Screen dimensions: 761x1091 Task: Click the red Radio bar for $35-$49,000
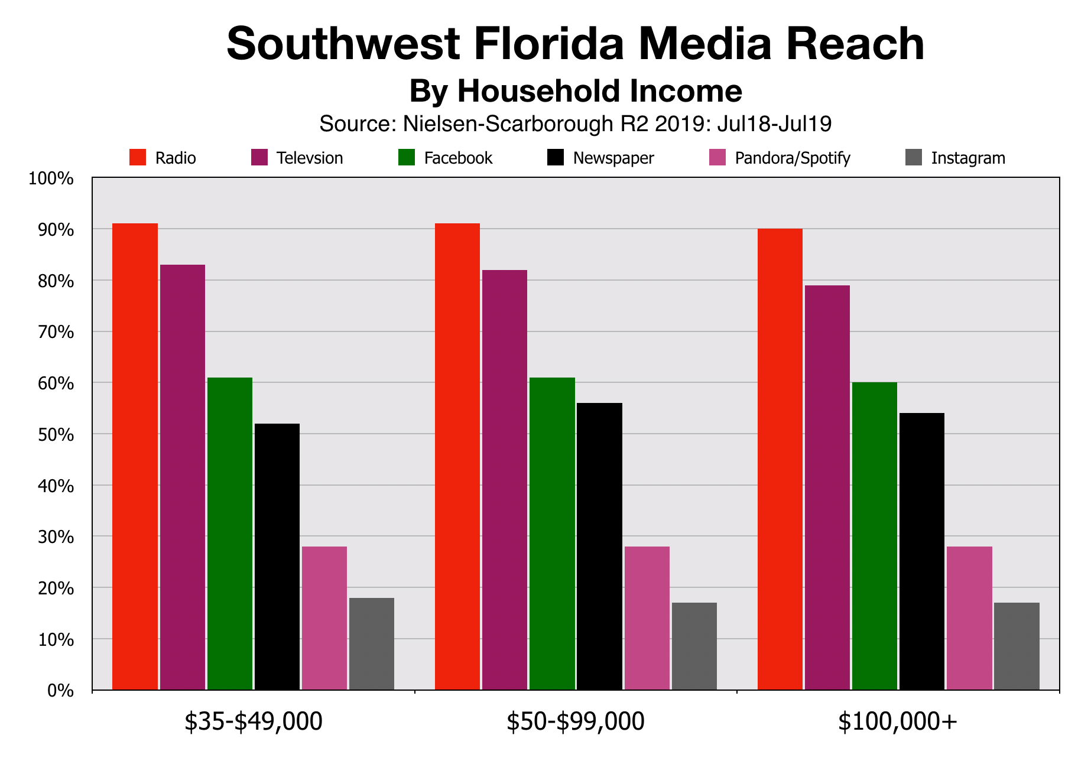(x=135, y=456)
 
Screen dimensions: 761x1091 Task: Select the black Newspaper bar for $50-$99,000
(x=599, y=546)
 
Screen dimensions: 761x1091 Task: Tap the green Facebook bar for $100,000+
(x=874, y=536)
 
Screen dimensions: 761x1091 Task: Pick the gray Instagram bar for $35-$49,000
(x=372, y=643)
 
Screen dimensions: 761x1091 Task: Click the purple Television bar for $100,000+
(x=827, y=487)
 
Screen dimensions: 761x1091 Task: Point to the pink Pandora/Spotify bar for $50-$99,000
(x=647, y=618)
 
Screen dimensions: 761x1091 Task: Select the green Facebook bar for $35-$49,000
(x=230, y=534)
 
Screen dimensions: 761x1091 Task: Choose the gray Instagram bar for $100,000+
(x=1017, y=646)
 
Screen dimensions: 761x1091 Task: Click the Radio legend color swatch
(x=138, y=158)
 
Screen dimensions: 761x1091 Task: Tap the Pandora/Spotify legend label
(x=793, y=158)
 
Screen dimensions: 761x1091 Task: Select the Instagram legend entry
(x=967, y=158)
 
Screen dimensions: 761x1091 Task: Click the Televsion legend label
(x=310, y=158)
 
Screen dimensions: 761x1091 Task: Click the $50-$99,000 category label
(x=575, y=722)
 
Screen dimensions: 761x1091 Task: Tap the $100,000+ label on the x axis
(x=897, y=722)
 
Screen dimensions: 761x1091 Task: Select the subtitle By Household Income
(x=575, y=92)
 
